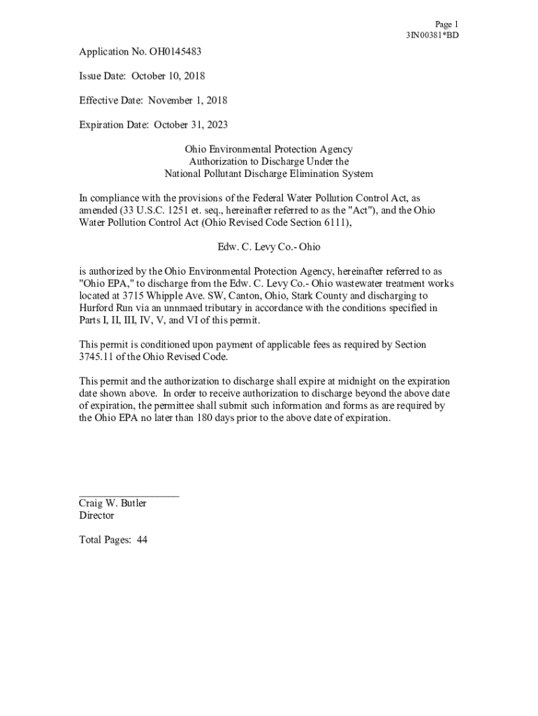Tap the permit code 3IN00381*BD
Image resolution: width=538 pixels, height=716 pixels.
432,35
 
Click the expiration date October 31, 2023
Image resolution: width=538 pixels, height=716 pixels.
191,124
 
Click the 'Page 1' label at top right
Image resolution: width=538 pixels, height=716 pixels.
446,24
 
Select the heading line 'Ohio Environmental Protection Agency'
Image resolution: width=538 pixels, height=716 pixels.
268,149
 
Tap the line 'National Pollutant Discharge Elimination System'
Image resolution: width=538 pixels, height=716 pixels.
268,173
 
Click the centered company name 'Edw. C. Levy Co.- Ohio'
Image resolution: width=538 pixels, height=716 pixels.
268,247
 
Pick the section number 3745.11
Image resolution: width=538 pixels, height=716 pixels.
96,357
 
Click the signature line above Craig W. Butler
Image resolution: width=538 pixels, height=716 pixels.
129,496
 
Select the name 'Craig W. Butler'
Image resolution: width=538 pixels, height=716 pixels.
112,503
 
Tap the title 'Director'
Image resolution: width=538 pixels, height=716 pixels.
96,515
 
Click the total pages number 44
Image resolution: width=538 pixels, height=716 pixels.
142,540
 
